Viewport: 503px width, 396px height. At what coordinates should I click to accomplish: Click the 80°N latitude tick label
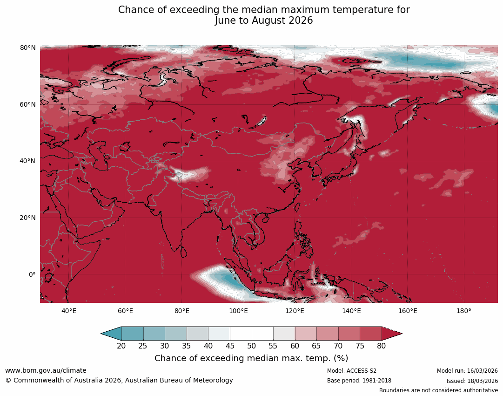28,48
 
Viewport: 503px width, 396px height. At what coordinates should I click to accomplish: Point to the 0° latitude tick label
32,274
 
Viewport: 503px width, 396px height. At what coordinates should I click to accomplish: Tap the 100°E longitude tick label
238,311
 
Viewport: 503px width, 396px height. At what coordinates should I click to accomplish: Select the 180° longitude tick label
464,311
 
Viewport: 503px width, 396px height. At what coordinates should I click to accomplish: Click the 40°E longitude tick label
69,311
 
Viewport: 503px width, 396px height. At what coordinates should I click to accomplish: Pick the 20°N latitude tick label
28,218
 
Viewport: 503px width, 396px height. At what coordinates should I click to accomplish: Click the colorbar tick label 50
252,346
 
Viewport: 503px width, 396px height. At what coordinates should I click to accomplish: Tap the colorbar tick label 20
121,346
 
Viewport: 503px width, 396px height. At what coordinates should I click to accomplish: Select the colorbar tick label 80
382,346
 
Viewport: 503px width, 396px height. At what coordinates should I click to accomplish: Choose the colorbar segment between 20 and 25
133,334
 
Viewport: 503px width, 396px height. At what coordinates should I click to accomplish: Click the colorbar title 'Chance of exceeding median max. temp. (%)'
251,358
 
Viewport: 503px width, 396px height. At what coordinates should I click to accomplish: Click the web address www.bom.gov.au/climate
46,370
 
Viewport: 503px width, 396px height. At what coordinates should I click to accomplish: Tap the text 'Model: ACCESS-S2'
352,371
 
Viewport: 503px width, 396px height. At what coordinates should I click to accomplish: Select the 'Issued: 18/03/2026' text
472,381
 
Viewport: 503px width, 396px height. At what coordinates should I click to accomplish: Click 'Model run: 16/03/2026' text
467,371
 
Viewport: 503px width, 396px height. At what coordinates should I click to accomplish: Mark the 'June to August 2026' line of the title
264,20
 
